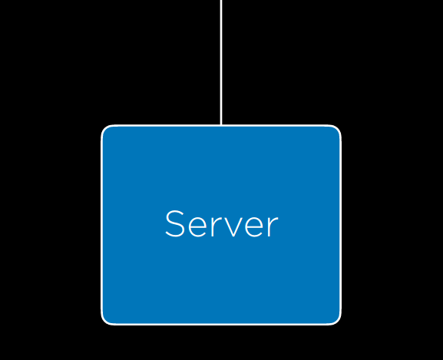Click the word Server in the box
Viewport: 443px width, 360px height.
[x=222, y=223]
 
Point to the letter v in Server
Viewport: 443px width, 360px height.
[x=233, y=226]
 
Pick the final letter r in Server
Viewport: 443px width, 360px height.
[x=273, y=226]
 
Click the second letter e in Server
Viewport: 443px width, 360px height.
[x=255, y=226]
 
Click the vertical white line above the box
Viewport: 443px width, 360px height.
[x=221, y=62]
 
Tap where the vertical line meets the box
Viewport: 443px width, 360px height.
[x=221, y=125]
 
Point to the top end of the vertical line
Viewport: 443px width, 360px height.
[x=221, y=0]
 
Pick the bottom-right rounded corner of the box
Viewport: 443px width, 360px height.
[x=337, y=321]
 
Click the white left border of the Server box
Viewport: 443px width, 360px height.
[x=101, y=225]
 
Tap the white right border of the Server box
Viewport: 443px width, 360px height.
[x=340, y=225]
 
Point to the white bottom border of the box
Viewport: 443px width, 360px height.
[x=221, y=324]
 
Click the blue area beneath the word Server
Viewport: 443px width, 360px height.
[x=221, y=279]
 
